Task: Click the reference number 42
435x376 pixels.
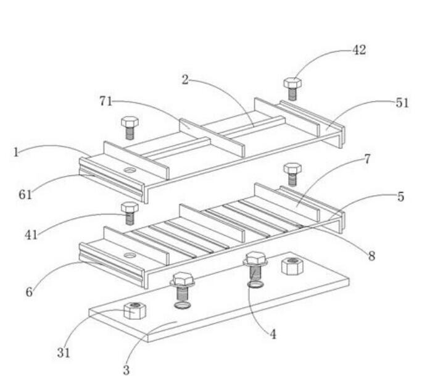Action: pos(359,50)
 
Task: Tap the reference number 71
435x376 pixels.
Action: pos(106,101)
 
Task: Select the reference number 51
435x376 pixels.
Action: pos(402,103)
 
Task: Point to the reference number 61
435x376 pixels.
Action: pos(25,194)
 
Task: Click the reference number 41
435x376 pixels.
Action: pos(31,235)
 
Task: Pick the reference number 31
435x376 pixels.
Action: pos(64,353)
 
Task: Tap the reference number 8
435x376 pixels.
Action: pos(371,256)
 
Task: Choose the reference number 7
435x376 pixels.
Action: pos(367,159)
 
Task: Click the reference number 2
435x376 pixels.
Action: pos(185,80)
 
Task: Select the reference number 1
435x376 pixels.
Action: pos(16,152)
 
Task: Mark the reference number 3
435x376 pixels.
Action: pos(126,370)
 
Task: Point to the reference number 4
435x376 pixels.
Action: pos(273,335)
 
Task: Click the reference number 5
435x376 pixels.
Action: pos(400,197)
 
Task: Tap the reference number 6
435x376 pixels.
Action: pos(29,292)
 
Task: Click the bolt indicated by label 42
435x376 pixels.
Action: pos(292,89)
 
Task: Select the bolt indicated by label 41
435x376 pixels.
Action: pos(130,213)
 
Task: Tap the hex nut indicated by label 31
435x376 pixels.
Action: pos(135,311)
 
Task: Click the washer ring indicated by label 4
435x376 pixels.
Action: pos(255,285)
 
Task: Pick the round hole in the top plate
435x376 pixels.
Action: pos(130,170)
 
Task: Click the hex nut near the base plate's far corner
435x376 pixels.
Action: pos(292,266)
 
